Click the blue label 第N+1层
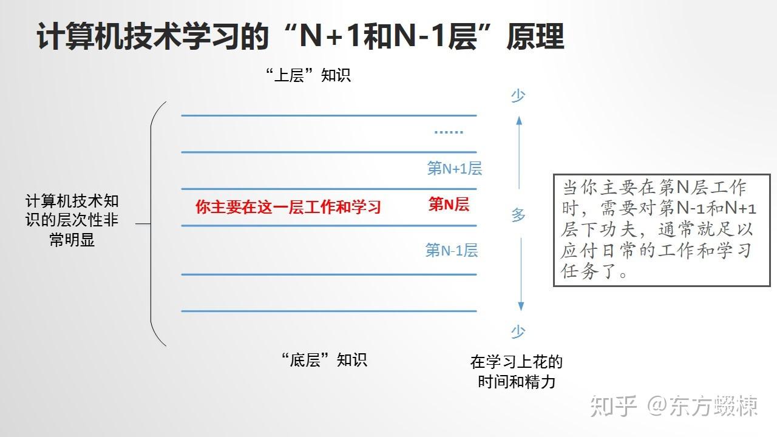tap(455, 169)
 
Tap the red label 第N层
tap(449, 204)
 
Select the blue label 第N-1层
tap(452, 250)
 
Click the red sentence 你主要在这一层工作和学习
tap(288, 207)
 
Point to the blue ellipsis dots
tap(449, 132)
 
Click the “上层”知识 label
tap(308, 75)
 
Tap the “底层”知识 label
tap(324, 360)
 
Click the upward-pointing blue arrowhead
tap(519, 120)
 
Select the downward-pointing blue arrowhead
tap(521, 307)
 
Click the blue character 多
tap(518, 215)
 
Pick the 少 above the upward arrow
tap(518, 96)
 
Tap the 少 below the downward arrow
tap(518, 331)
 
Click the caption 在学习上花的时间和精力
tap(517, 372)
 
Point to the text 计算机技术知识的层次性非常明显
tap(72, 220)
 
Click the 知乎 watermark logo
tap(613, 406)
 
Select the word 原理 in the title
tap(535, 36)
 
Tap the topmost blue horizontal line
tap(329, 115)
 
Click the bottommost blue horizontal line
tap(329, 311)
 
